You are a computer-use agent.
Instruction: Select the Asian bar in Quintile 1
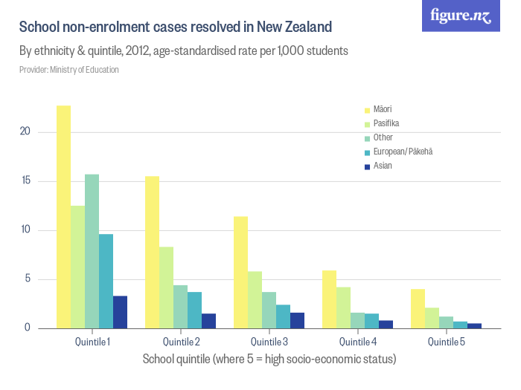click(x=120, y=312)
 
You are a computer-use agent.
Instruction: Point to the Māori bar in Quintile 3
click(x=240, y=272)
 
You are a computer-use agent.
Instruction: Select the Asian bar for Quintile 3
click(x=297, y=320)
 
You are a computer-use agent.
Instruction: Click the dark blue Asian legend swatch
click(x=366, y=166)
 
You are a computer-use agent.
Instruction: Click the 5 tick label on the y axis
click(x=27, y=279)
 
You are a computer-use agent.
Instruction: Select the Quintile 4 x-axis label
click(x=357, y=342)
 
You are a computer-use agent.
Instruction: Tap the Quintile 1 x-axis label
click(x=92, y=342)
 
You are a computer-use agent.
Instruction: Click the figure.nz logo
click(x=461, y=16)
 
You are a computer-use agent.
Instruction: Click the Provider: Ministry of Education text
click(x=68, y=70)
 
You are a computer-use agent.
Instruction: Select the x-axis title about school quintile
click(x=269, y=360)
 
